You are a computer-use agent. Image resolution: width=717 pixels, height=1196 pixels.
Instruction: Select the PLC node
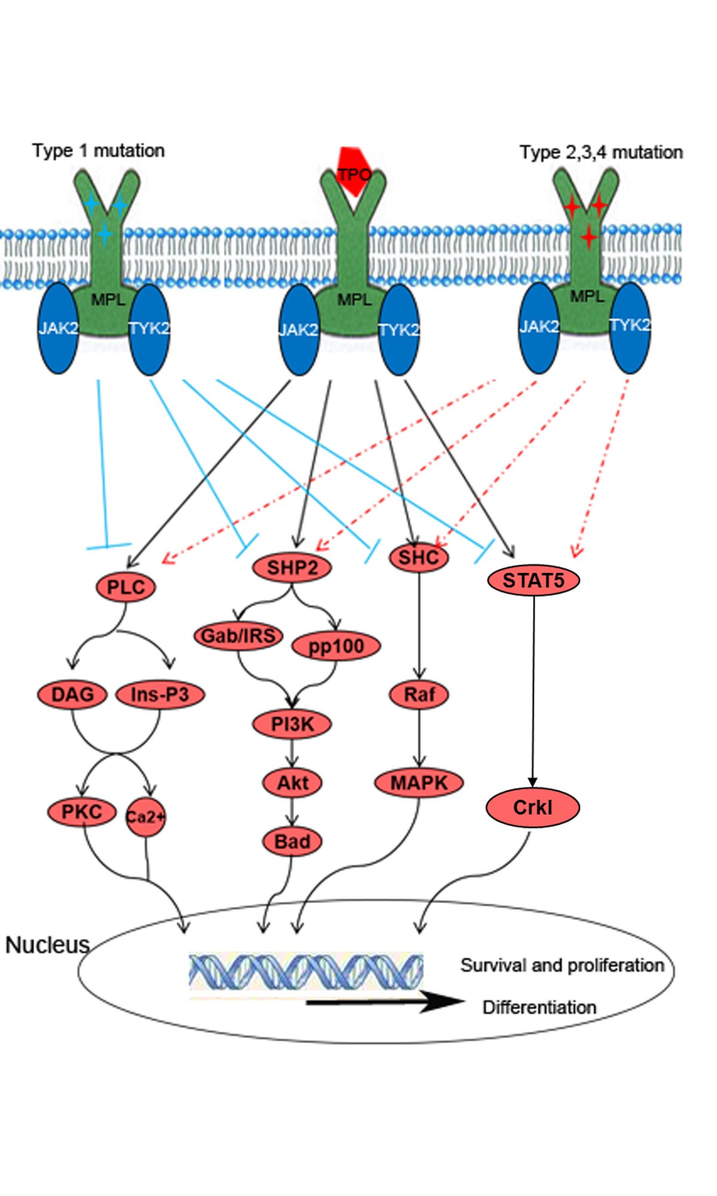click(x=126, y=587)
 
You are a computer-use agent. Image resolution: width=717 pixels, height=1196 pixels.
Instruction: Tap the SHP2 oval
click(x=292, y=567)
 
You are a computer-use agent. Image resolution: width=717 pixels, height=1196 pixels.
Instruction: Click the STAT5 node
click(x=534, y=580)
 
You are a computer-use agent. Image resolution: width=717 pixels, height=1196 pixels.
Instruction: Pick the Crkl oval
click(x=532, y=808)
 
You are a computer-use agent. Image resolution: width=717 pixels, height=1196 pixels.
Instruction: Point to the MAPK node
click(x=419, y=783)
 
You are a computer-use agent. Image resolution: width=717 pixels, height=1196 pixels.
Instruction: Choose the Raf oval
click(x=419, y=694)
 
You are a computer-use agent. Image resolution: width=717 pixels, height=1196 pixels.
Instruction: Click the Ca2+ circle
click(x=145, y=817)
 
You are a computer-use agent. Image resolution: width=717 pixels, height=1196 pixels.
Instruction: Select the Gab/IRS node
click(x=238, y=636)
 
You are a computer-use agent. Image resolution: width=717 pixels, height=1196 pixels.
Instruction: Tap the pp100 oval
click(x=336, y=646)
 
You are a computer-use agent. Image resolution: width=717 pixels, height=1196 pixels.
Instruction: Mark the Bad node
click(x=292, y=842)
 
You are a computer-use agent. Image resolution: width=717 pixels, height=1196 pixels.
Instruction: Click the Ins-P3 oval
click(x=160, y=694)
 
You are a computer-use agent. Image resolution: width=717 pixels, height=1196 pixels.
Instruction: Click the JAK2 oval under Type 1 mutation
click(x=58, y=328)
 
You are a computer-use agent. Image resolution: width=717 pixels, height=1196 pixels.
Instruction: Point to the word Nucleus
click(x=47, y=945)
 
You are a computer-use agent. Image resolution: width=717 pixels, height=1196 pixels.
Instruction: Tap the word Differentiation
click(x=539, y=1008)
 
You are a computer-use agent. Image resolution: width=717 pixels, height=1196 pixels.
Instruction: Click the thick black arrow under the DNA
click(x=382, y=1002)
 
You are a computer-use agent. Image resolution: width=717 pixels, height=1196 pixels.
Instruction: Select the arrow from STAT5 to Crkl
click(x=534, y=687)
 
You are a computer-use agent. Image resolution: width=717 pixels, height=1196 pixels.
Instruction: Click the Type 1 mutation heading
click(x=99, y=151)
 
